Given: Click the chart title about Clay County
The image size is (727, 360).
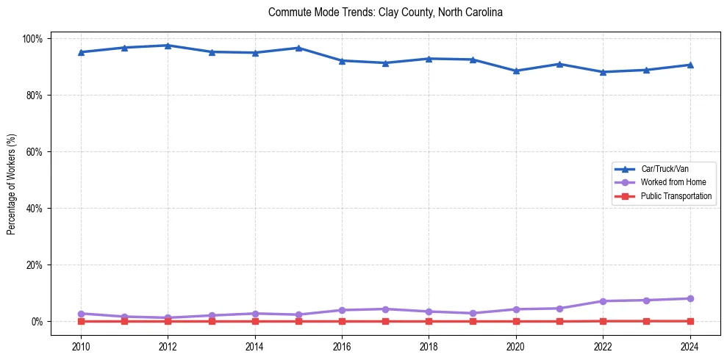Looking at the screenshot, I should tap(385, 12).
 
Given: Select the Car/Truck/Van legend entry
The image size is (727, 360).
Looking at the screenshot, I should tap(665, 169).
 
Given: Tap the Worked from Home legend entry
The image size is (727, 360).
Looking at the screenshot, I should tap(670, 182).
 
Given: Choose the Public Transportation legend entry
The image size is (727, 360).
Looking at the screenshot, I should tap(676, 196).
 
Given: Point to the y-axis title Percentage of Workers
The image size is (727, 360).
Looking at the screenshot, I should tap(12, 180).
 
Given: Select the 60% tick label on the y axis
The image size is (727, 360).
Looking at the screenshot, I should tap(35, 152).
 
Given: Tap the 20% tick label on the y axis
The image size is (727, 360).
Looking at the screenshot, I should tap(35, 265).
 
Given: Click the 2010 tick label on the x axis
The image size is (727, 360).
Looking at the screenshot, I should tap(81, 346).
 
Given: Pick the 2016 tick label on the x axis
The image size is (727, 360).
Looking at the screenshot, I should tap(342, 346).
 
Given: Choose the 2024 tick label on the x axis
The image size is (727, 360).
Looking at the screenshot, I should tap(690, 346).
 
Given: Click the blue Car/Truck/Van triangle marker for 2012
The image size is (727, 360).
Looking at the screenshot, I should tap(168, 46).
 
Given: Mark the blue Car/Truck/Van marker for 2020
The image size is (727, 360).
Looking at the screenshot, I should tap(516, 71).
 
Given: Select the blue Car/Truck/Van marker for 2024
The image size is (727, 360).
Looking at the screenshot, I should tap(690, 65).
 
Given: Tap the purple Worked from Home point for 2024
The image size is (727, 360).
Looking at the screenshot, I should tap(690, 298).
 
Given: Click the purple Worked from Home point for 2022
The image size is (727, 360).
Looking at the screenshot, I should tap(603, 301).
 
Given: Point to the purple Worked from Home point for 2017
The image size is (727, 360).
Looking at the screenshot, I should tap(385, 309).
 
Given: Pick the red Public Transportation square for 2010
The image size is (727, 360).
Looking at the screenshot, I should tap(81, 321).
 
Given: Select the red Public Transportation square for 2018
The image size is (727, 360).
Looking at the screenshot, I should tap(429, 321).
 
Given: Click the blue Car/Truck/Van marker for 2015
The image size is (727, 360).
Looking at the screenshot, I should tap(298, 48).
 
